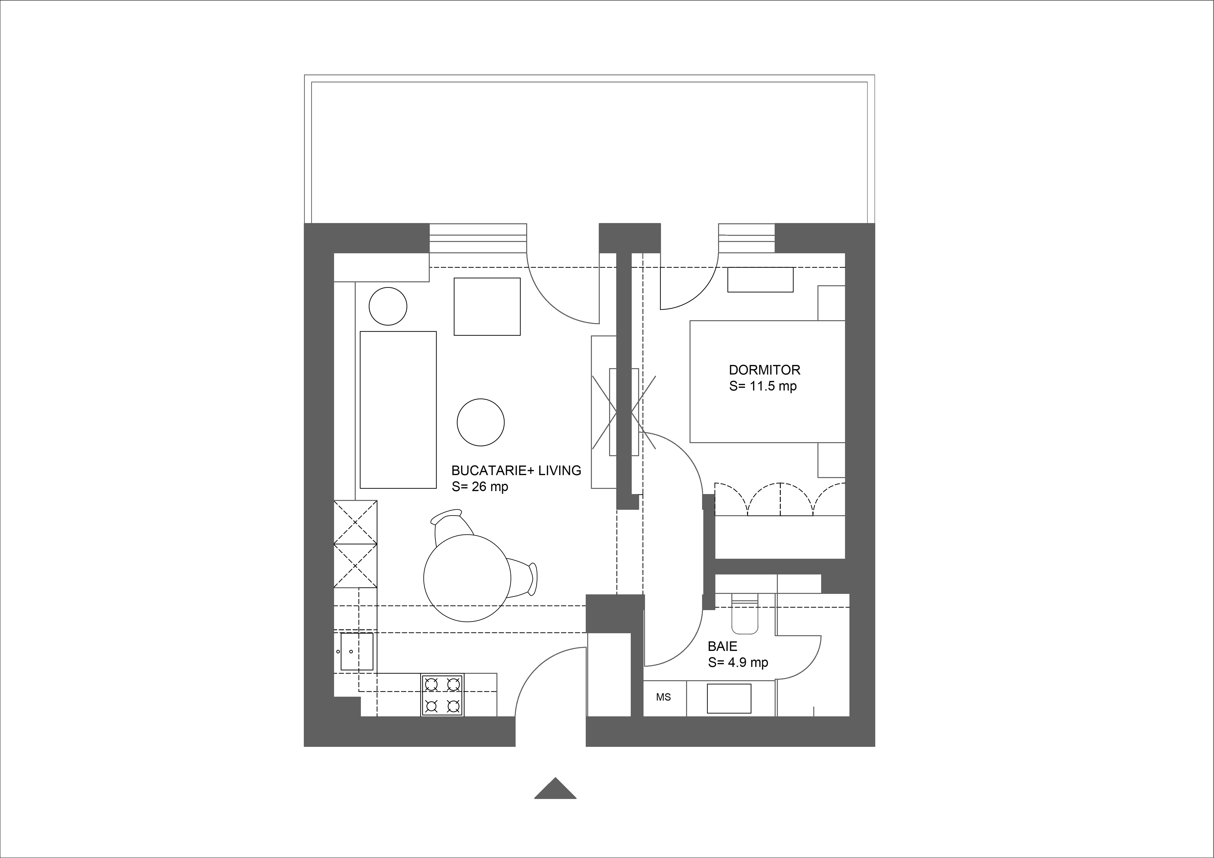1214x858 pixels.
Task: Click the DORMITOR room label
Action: coord(765,370)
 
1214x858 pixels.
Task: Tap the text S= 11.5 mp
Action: coord(762,386)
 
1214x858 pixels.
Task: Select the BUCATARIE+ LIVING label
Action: coord(516,470)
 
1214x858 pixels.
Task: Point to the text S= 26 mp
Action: coord(479,487)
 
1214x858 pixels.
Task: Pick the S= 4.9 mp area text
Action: coord(738,662)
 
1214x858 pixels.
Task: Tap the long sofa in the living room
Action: coord(398,410)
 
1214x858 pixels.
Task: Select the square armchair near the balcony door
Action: coord(487,307)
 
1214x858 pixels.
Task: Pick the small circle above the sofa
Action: coord(388,306)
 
